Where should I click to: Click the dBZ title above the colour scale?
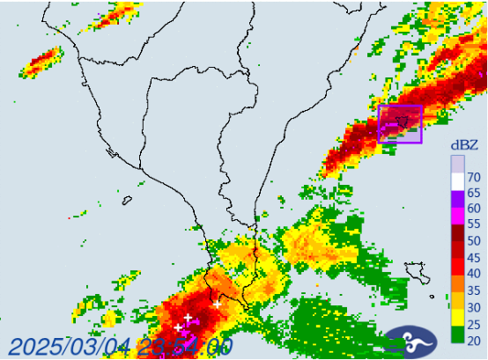(464, 144)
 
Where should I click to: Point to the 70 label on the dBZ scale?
(475, 176)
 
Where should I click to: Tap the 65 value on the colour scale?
(475, 192)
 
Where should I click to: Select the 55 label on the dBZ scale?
(475, 224)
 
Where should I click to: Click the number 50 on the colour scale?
(475, 240)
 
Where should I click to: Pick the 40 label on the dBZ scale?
(475, 273)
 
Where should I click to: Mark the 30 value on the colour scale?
(475, 305)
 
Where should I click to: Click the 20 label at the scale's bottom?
(475, 339)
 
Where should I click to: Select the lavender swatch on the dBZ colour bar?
(457, 165)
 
